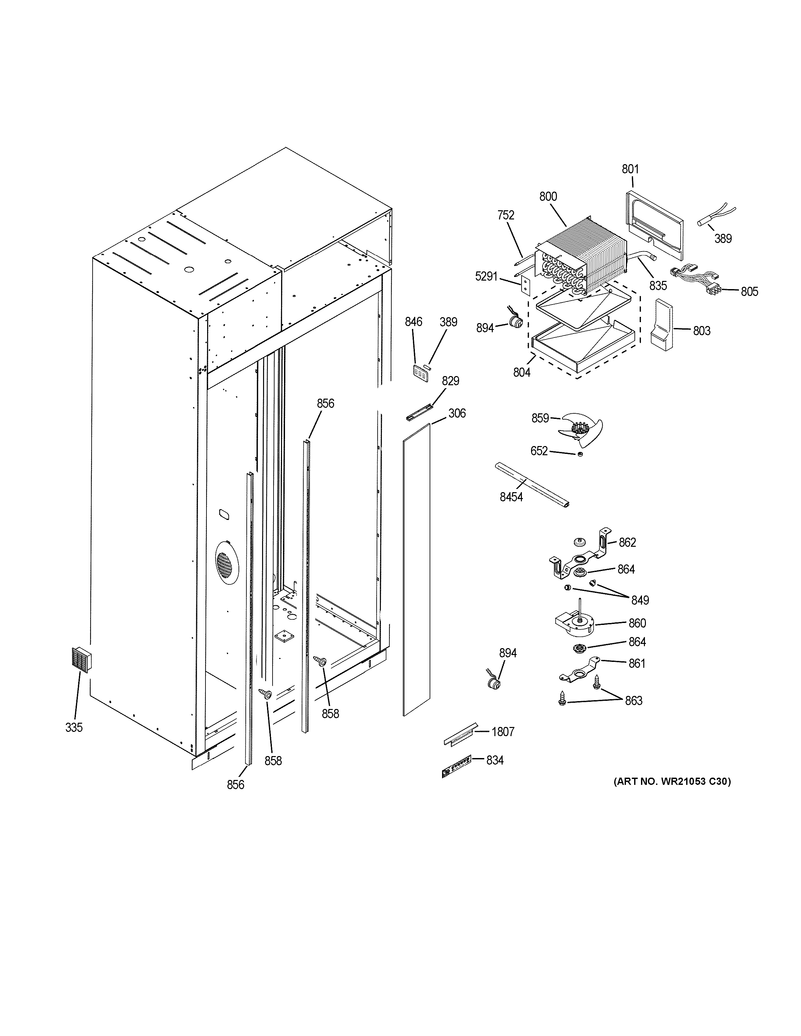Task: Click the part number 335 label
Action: [x=74, y=727]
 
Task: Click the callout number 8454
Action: [x=511, y=497]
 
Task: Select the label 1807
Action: [x=503, y=732]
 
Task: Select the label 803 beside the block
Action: [x=701, y=331]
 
